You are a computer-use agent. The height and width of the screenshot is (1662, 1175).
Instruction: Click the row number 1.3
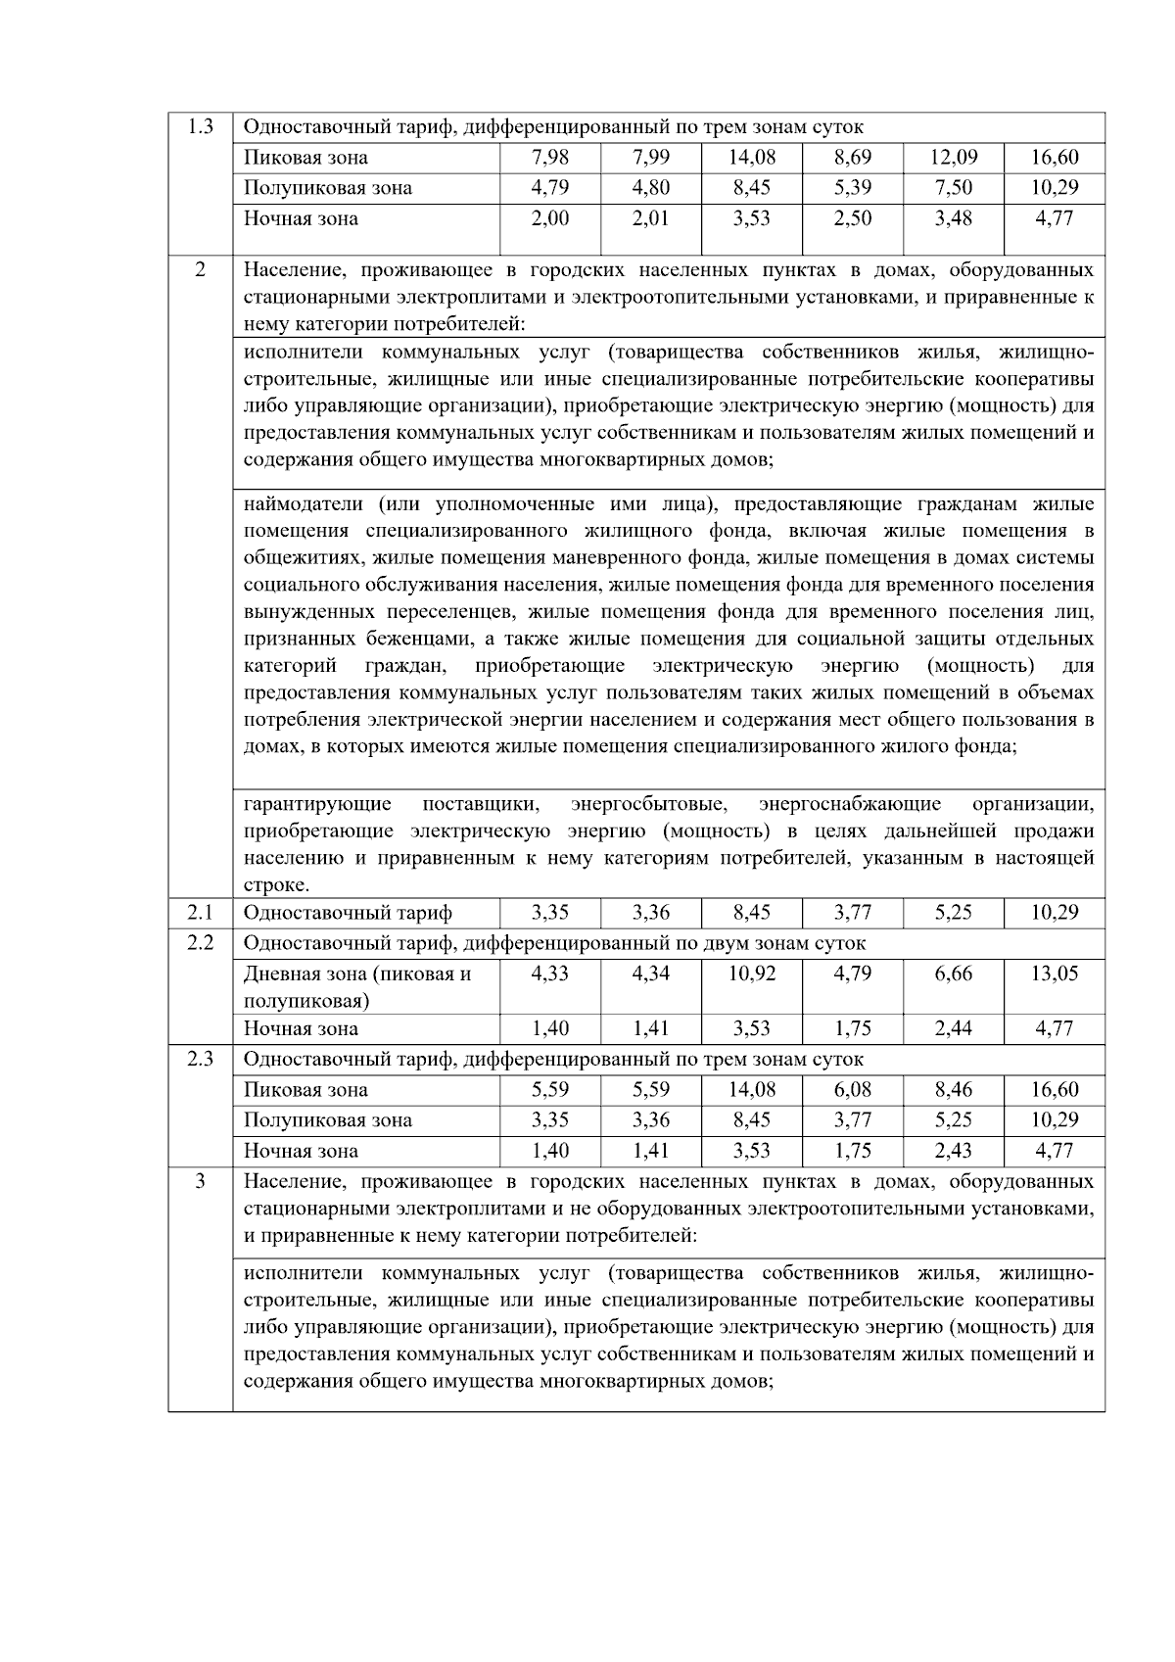(x=200, y=126)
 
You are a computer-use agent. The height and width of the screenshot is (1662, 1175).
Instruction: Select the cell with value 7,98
(x=549, y=157)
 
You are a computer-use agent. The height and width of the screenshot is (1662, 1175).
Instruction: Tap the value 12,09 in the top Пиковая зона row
(x=953, y=157)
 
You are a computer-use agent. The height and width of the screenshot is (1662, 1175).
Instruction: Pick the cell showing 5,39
(x=852, y=187)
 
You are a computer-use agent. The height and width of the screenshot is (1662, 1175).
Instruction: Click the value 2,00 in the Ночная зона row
(x=549, y=218)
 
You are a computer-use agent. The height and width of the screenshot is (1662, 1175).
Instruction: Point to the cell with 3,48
(x=953, y=218)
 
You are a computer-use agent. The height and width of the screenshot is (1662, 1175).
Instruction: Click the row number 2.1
(x=200, y=913)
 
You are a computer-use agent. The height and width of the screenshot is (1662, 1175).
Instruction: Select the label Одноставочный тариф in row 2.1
(x=348, y=913)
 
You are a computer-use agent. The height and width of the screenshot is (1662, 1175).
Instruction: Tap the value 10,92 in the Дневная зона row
(x=751, y=973)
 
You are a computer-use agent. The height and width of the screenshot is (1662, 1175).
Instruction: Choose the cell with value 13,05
(x=1054, y=973)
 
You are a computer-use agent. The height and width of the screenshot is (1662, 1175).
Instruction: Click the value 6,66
(x=953, y=973)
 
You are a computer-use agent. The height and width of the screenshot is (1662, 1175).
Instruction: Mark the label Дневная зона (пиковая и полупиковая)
(x=356, y=987)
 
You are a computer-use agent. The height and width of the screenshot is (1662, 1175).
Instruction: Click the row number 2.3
(x=200, y=1059)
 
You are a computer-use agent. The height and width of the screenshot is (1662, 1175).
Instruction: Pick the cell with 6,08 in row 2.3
(x=852, y=1089)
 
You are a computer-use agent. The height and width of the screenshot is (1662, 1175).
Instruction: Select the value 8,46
(x=953, y=1089)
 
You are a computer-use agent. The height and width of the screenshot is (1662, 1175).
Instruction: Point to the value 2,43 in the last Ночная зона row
(x=953, y=1151)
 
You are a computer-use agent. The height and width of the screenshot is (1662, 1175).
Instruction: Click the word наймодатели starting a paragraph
(x=303, y=504)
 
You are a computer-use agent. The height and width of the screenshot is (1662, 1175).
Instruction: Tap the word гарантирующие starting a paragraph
(x=316, y=804)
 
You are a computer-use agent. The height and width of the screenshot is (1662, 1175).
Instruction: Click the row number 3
(x=200, y=1181)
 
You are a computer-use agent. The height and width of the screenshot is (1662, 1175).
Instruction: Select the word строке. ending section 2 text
(x=276, y=885)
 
